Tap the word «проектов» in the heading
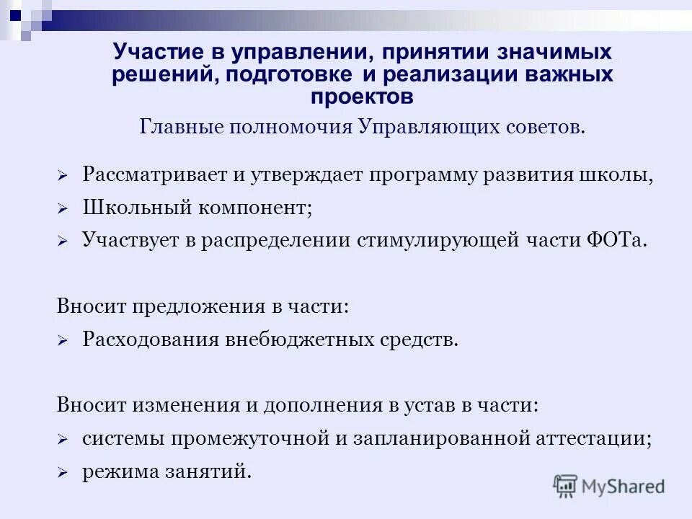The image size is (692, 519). (x=363, y=96)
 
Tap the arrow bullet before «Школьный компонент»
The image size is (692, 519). (x=63, y=209)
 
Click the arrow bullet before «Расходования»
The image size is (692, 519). (x=63, y=340)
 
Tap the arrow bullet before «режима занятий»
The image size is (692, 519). (x=63, y=474)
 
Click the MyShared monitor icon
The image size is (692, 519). (x=566, y=484)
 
